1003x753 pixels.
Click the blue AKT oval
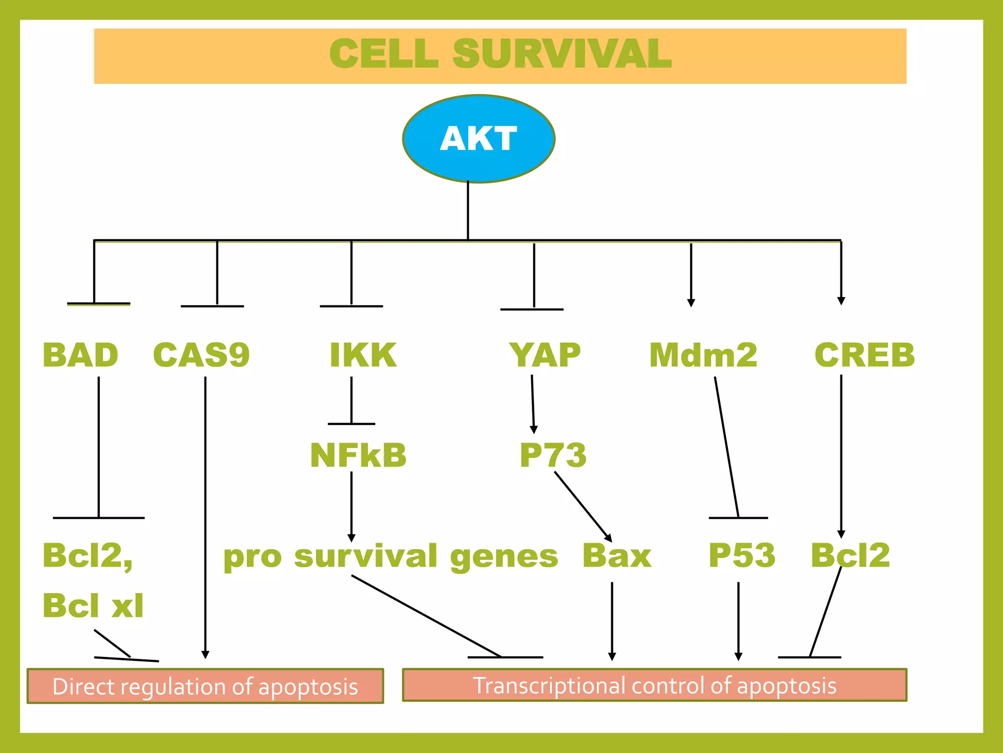pyautogui.click(x=478, y=139)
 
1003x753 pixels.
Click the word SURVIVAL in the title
pyautogui.click(x=562, y=54)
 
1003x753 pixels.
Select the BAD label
pyautogui.click(x=80, y=355)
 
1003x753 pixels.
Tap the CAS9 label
pyautogui.click(x=201, y=355)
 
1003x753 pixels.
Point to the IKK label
pyautogui.click(x=363, y=355)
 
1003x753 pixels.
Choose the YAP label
pyautogui.click(x=545, y=355)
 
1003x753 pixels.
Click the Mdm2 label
pyautogui.click(x=703, y=355)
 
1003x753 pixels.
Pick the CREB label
pyautogui.click(x=864, y=355)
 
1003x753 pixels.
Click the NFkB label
pyautogui.click(x=358, y=455)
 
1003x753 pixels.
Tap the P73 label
pyautogui.click(x=553, y=455)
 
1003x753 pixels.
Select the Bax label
pyautogui.click(x=617, y=555)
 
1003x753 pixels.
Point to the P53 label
pyautogui.click(x=742, y=555)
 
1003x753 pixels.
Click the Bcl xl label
pyautogui.click(x=93, y=605)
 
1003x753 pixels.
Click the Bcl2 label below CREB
pyautogui.click(x=850, y=555)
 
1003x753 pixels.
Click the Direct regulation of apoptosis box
pyautogui.click(x=205, y=686)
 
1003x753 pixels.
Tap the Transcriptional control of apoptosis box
pyautogui.click(x=654, y=685)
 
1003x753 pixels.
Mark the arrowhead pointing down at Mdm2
pyautogui.click(x=691, y=302)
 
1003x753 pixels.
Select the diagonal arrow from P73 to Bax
pyautogui.click(x=583, y=506)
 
